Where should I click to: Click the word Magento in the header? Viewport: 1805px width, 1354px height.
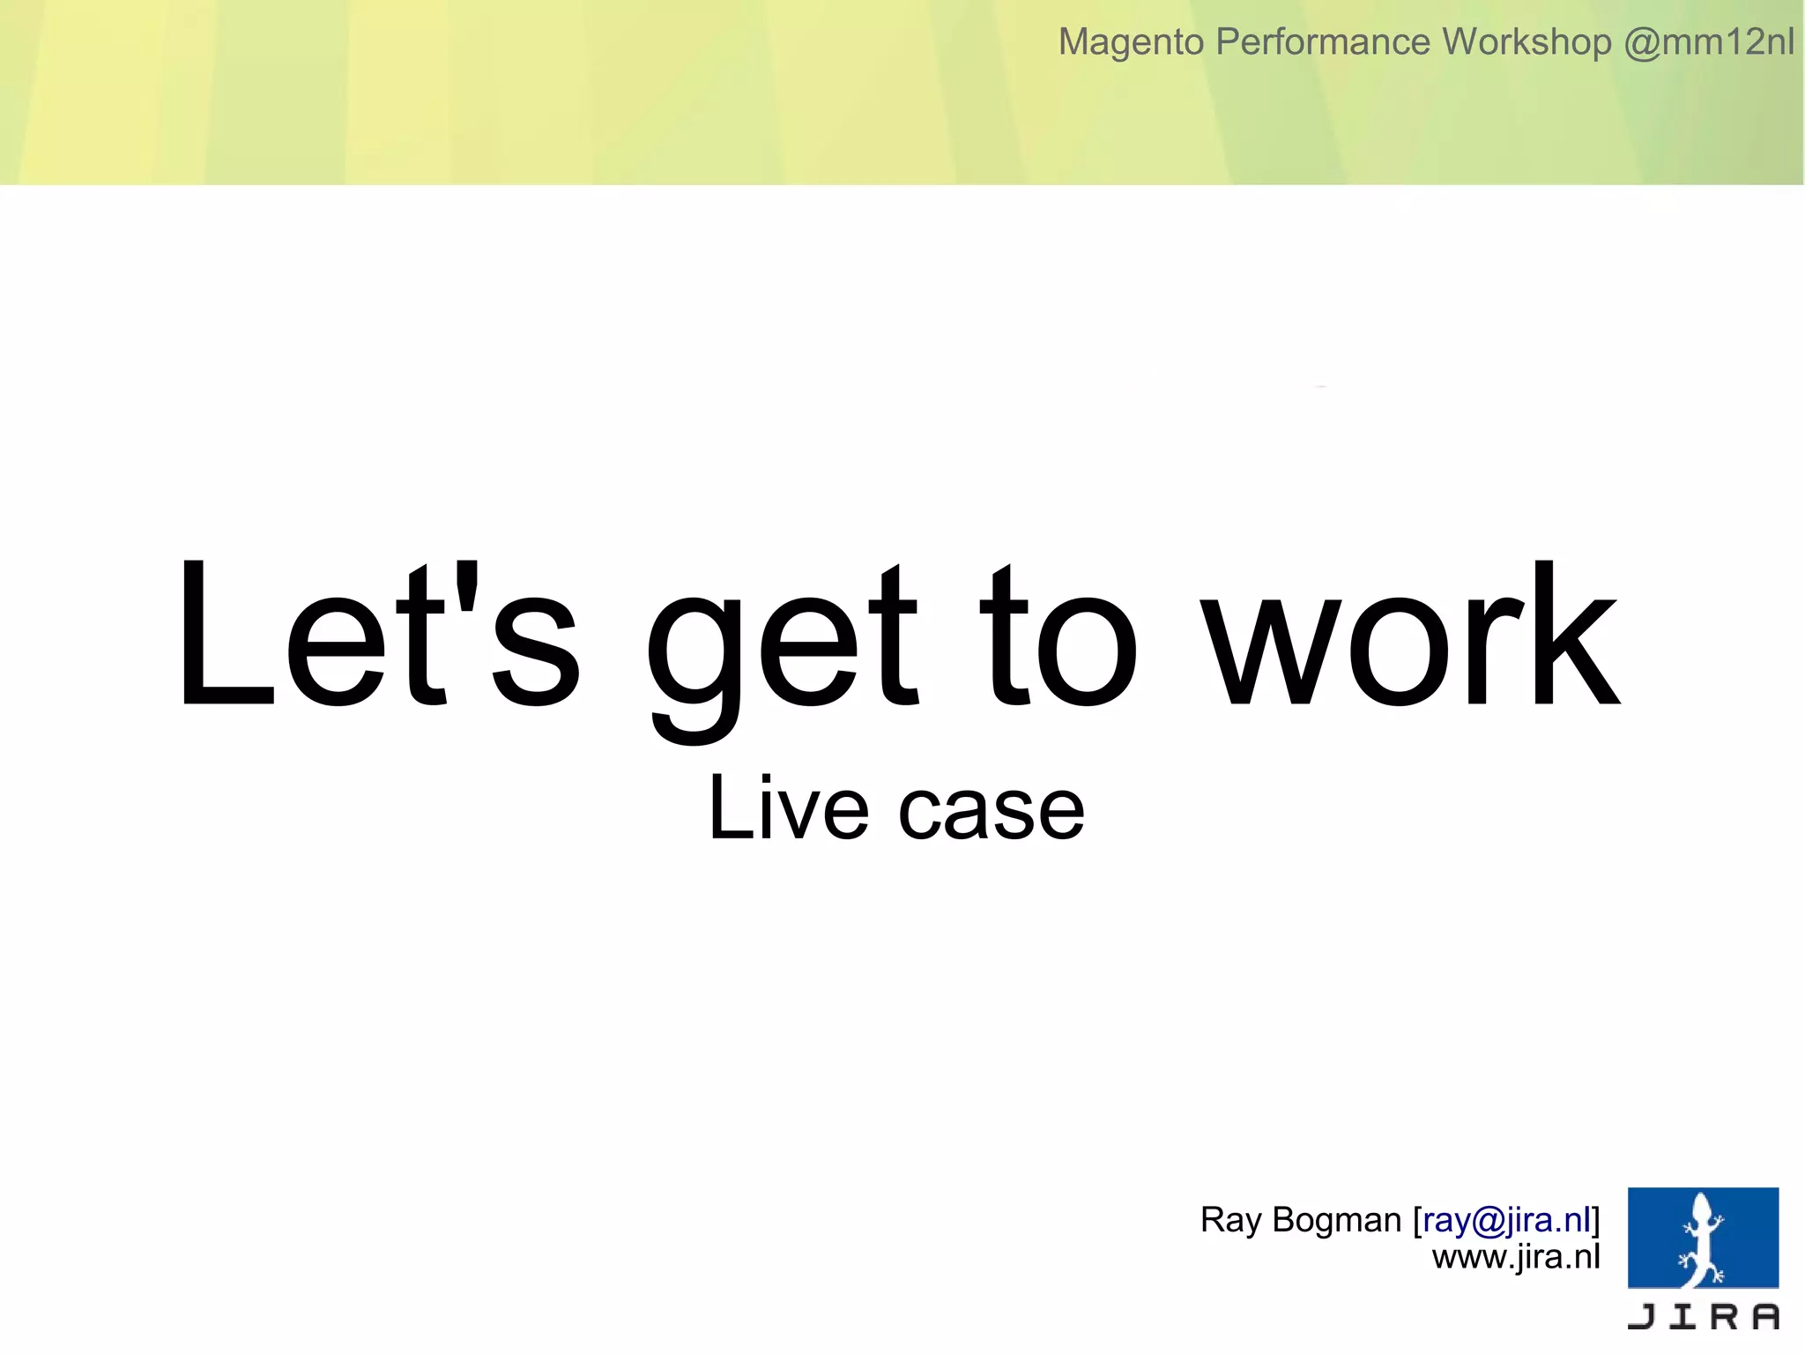pos(1131,42)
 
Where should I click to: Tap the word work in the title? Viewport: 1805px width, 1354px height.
pos(1410,635)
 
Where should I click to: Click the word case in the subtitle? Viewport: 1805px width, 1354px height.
pos(991,812)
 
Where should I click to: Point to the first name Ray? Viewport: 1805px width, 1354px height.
pos(1230,1221)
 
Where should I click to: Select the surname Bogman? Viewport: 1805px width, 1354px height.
pos(1336,1221)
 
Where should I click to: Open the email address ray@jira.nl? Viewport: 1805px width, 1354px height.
pos(1506,1220)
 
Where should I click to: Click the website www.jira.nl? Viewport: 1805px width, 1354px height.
pos(1515,1257)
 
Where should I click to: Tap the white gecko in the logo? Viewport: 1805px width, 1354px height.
pos(1702,1243)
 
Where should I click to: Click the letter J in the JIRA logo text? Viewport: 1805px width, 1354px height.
pos(1642,1316)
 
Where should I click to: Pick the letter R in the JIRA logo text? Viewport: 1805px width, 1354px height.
pos(1724,1316)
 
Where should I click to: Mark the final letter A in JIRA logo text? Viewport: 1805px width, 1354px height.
pos(1765,1316)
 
